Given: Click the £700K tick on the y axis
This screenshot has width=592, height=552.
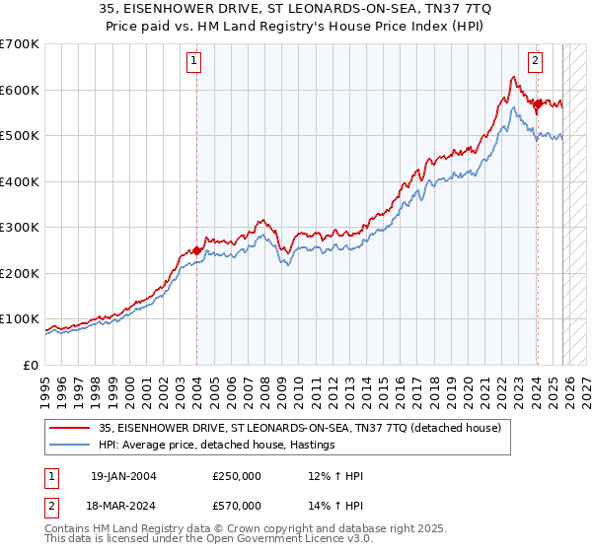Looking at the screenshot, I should [x=19, y=44].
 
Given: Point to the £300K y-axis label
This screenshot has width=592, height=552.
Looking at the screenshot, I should [x=19, y=228].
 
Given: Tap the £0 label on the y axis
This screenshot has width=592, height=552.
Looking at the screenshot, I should [x=30, y=365].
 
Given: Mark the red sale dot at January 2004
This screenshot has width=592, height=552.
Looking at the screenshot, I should [x=196, y=250].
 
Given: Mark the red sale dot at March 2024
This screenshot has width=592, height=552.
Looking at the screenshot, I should [x=537, y=103].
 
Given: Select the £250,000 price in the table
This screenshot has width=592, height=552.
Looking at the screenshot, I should [x=237, y=476].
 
